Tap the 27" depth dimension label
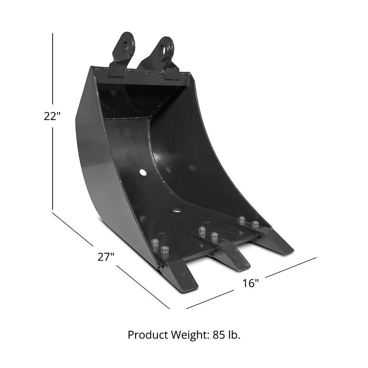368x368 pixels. tap(106, 256)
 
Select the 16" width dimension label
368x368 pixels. tap(251, 283)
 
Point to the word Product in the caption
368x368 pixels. tap(146, 335)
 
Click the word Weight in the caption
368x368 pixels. tap(188, 335)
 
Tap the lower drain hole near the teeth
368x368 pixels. tap(177, 211)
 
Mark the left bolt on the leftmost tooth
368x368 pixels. tap(155, 243)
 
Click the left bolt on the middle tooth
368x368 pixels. tap(202, 230)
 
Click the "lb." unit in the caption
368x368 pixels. tap(234, 335)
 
